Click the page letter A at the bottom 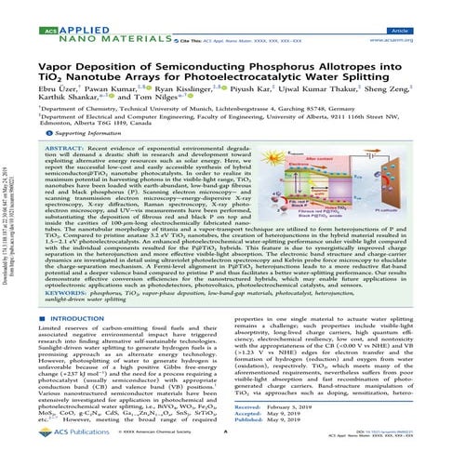tap(226, 444)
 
